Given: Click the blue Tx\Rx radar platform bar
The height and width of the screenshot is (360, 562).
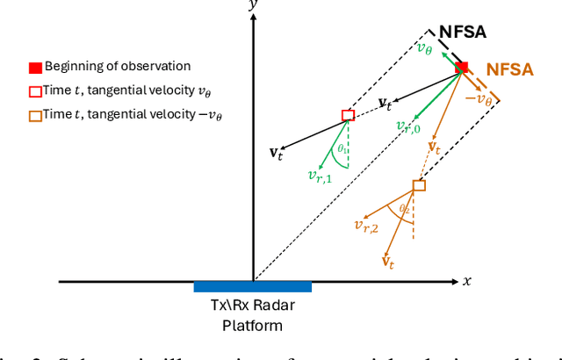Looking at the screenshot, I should point(252,286).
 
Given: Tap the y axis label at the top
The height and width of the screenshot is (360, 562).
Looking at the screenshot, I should point(253,7).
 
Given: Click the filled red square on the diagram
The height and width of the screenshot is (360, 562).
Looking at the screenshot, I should point(462,68).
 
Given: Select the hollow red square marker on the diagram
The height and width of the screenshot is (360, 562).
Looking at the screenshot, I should point(348,115).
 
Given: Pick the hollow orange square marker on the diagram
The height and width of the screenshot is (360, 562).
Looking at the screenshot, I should point(419,185).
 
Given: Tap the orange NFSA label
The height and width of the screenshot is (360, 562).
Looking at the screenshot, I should point(509,68).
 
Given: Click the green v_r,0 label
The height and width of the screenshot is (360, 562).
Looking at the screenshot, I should point(407,127).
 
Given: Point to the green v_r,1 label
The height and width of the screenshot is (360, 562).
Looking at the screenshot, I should point(320,175).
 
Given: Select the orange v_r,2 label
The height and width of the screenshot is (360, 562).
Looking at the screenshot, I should point(366,227).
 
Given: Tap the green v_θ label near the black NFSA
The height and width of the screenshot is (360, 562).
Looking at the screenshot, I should point(425,47).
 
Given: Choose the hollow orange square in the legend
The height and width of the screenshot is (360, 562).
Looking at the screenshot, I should point(34,115).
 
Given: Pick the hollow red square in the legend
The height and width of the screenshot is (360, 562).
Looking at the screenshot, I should point(34,91).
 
